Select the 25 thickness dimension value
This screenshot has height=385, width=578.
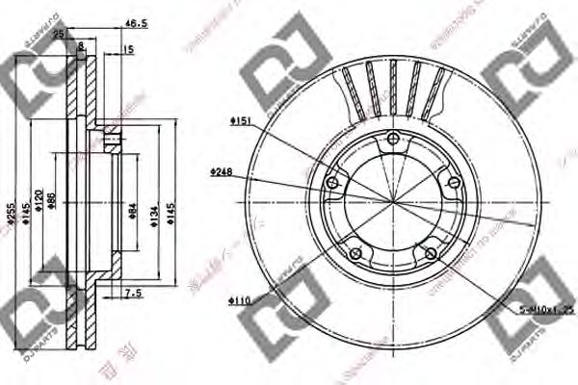tap(60, 34)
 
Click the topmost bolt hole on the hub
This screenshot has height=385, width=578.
tap(391, 144)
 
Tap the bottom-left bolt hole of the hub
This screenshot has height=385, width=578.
tap(355, 253)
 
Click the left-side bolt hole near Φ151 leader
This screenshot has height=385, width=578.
tap(332, 183)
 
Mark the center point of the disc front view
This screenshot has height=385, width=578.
tap(391, 201)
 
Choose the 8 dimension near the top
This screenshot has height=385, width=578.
tap(81, 45)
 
